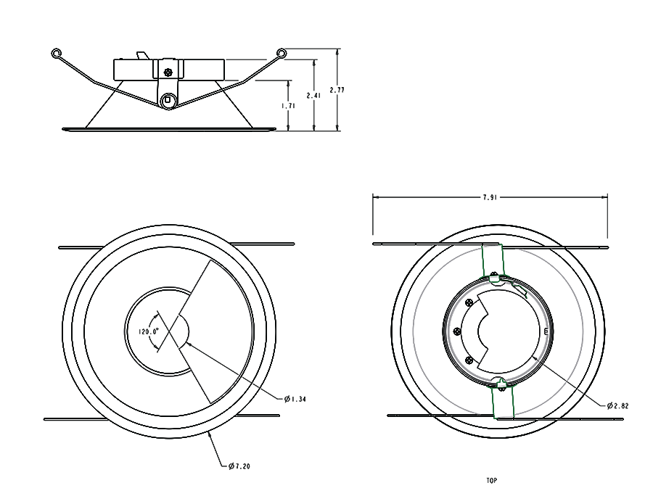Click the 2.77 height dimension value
click(336, 90)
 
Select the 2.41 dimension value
click(313, 95)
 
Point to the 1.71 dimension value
click(288, 105)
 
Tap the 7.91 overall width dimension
click(490, 196)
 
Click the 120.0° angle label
click(149, 331)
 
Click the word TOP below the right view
click(493, 480)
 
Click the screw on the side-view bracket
click(168, 72)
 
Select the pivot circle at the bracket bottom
click(168, 99)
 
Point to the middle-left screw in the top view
click(457, 330)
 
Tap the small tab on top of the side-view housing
click(142, 55)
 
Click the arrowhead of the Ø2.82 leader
click(535, 358)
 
